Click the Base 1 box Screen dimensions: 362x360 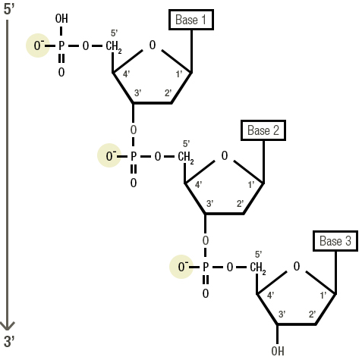coord(191,20)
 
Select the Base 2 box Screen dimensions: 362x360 coord(263,130)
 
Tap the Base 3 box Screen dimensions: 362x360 coord(335,241)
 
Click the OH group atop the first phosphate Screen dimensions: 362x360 coord(61,18)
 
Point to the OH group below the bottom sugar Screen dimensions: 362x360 coord(278,351)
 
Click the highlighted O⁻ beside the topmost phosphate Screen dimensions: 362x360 coord(38,45)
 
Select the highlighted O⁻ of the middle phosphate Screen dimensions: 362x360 coord(109,156)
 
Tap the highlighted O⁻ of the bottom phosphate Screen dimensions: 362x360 coord(181,267)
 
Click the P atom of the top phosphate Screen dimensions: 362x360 coord(61,46)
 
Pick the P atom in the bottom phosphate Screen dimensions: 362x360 coord(206,267)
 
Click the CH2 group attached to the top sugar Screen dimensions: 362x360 coord(114,47)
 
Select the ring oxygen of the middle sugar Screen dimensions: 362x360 coord(225,156)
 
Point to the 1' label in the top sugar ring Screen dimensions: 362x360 coord(179,74)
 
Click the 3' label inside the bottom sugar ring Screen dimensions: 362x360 coord(282,315)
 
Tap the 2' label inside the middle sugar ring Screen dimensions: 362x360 coord(240,203)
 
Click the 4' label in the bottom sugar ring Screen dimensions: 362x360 coord(270,295)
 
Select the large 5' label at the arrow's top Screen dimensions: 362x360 coord(9,10)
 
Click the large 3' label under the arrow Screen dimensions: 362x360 coord(9,342)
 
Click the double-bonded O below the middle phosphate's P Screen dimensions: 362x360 coord(134,183)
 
